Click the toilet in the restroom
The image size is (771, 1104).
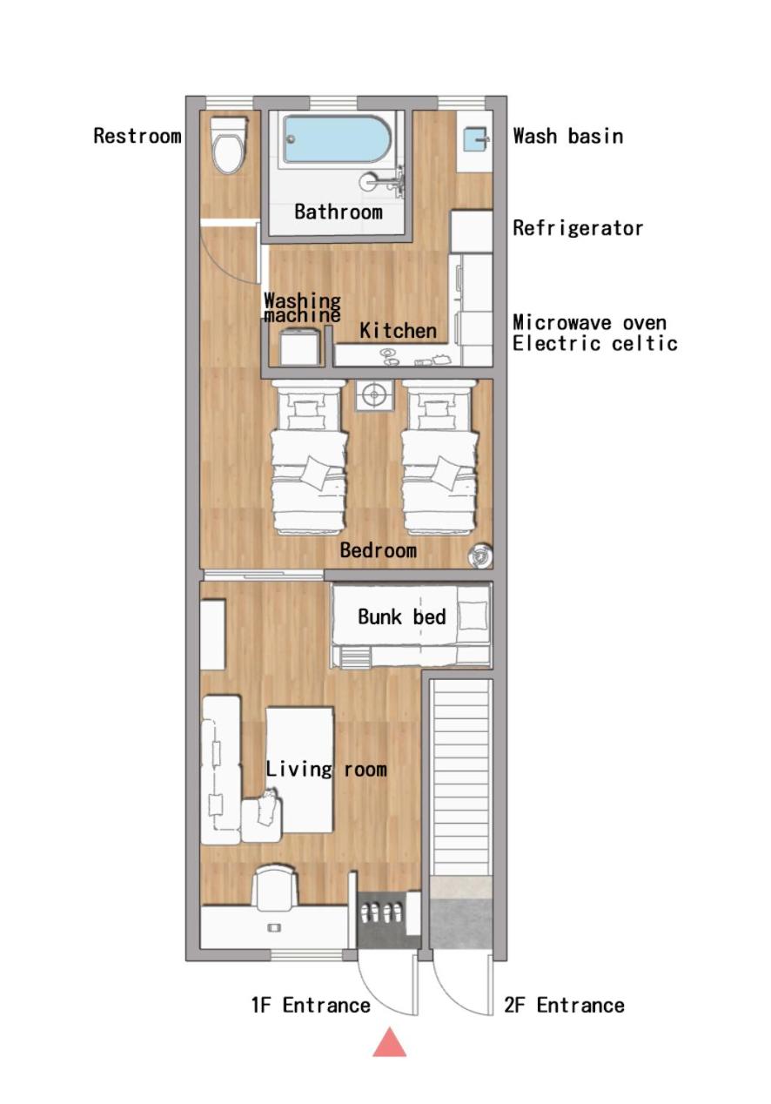[x=228, y=145]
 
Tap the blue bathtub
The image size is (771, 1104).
[x=338, y=138]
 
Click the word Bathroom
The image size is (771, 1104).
[x=339, y=212]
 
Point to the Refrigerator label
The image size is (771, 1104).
[x=578, y=228]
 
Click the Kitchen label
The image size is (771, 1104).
[x=398, y=331]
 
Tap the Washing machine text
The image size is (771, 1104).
[x=302, y=307]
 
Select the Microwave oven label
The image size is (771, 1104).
[x=590, y=323]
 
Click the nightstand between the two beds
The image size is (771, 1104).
[x=375, y=395]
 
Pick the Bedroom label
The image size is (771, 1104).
[x=379, y=550]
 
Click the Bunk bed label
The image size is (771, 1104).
[x=401, y=616]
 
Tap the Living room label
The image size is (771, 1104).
[x=326, y=770]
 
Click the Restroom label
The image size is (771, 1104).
[x=137, y=136]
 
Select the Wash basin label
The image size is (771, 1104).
[x=568, y=136]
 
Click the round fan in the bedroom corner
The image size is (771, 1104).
[x=479, y=555]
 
